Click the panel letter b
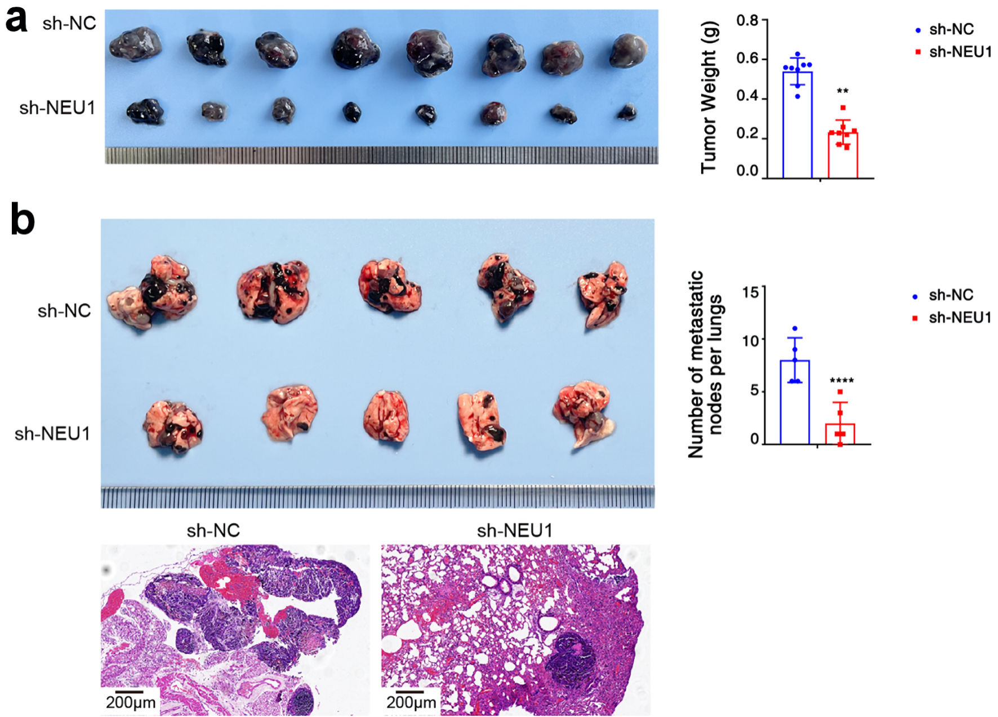[x=23, y=220]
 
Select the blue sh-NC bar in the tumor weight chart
[x=797, y=124]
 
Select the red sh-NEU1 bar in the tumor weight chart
[x=843, y=155]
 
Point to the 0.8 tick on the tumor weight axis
[x=747, y=21]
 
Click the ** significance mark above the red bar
[x=843, y=91]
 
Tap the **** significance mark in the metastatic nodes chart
[x=841, y=381]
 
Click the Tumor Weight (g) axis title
[x=709, y=97]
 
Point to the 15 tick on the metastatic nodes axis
[x=750, y=292]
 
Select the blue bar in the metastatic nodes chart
[x=795, y=402]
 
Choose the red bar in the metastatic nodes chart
[x=840, y=434]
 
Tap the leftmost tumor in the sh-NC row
[x=135, y=44]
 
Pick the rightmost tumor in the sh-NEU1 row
[x=626, y=112]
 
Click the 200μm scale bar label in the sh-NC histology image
[x=131, y=702]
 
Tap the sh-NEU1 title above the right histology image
[x=515, y=531]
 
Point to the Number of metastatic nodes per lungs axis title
[x=705, y=364]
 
